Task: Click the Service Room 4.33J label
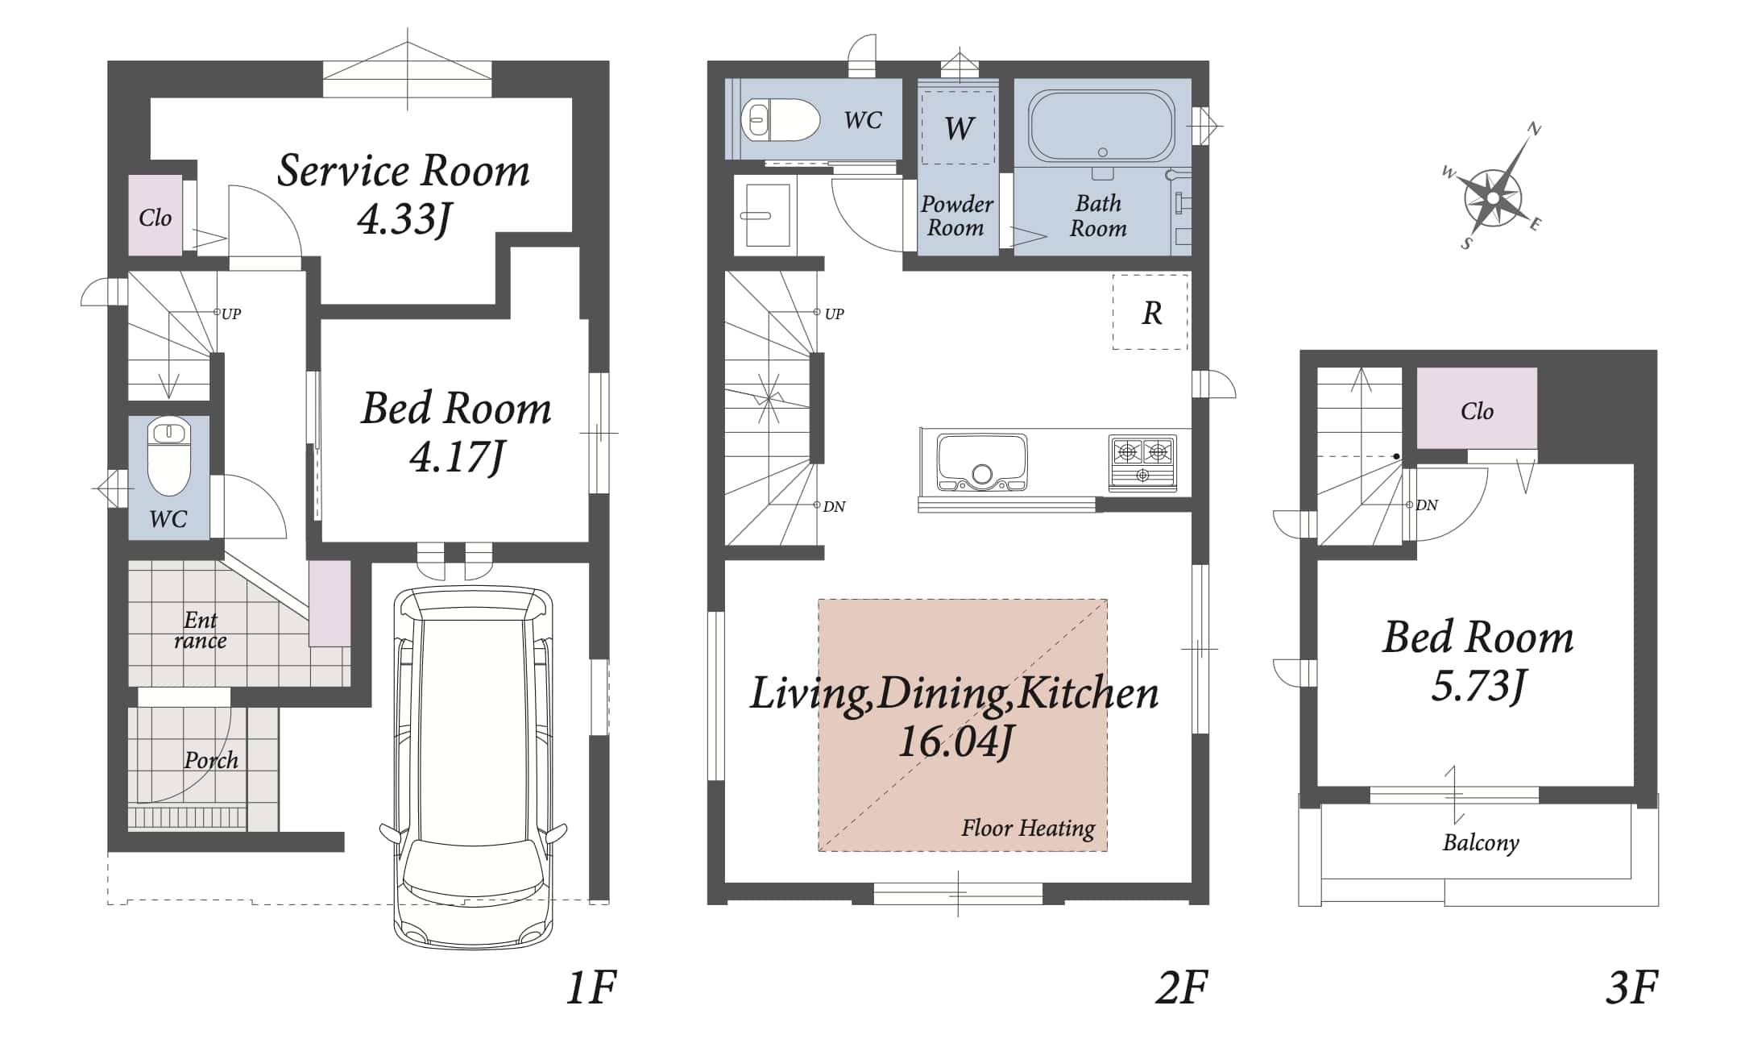click(404, 194)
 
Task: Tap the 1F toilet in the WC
click(168, 457)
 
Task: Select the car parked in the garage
click(473, 767)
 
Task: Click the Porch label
click(211, 760)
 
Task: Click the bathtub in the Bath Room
click(1102, 127)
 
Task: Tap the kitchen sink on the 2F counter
click(982, 463)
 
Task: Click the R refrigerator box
click(1150, 312)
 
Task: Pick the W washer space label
click(959, 128)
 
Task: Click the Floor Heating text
click(1028, 829)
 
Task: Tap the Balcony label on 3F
click(1481, 842)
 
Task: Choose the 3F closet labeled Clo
click(1477, 409)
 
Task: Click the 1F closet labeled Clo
click(155, 215)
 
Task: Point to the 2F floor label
click(1181, 987)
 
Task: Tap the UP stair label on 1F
click(231, 314)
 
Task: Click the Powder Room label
click(956, 215)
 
